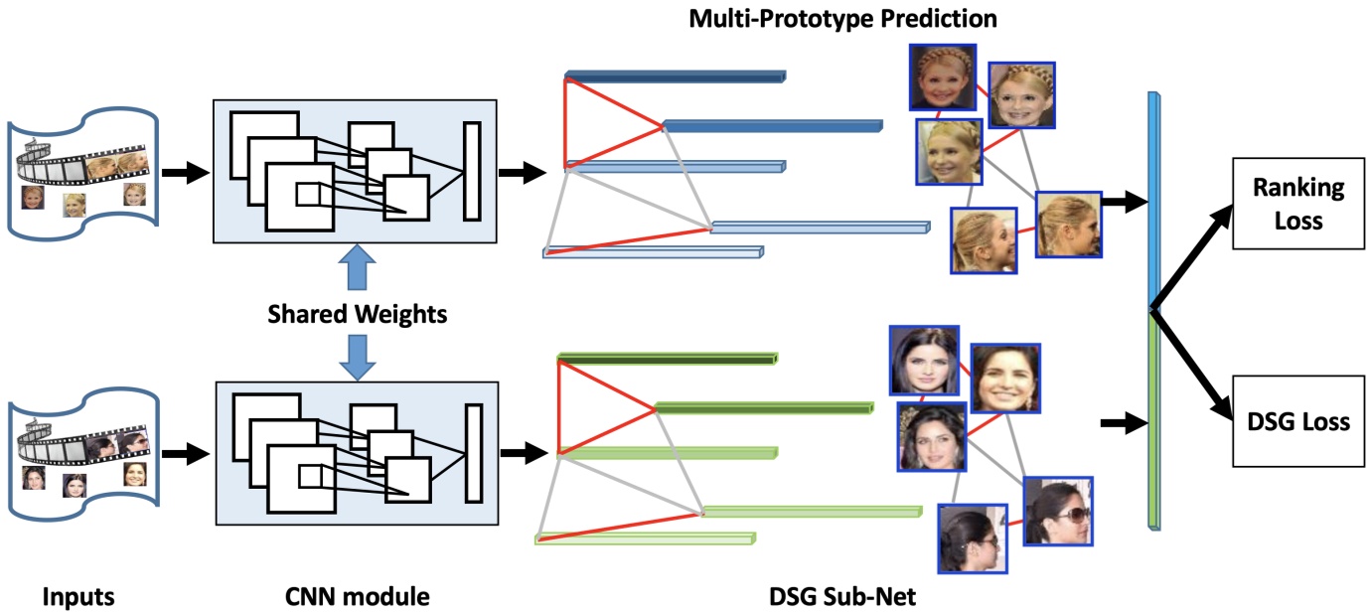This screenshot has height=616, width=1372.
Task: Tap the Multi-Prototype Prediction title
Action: click(x=842, y=18)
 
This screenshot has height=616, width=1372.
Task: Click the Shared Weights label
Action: click(x=357, y=315)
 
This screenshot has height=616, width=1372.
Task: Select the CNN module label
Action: click(x=357, y=597)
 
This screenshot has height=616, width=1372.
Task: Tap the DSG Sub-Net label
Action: click(x=842, y=597)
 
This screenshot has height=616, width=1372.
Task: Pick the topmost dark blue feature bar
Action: click(x=676, y=76)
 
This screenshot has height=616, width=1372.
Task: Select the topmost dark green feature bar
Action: click(x=668, y=358)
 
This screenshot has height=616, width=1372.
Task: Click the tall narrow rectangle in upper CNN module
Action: click(x=471, y=171)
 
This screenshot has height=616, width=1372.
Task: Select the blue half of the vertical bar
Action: click(x=1153, y=199)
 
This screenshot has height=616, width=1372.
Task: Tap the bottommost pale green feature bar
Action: click(x=646, y=539)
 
